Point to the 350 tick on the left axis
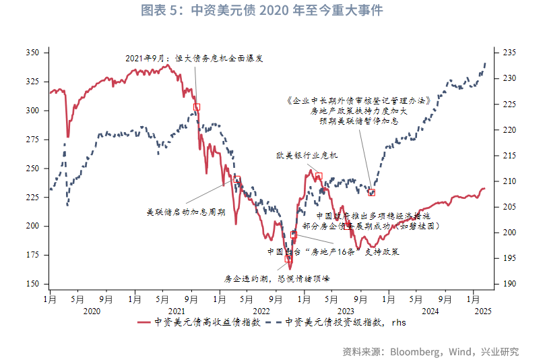click(32, 53)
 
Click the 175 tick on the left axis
click(32, 255)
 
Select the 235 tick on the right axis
click(508, 53)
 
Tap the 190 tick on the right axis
click(508, 284)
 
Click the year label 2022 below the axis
click(261, 311)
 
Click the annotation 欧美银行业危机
click(307, 156)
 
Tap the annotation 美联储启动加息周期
click(185, 211)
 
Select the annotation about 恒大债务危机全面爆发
click(194, 59)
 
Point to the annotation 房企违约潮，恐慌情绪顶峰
click(276, 277)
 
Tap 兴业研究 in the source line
click(499, 351)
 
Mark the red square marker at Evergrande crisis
click(197, 107)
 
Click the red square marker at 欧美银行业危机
click(319, 176)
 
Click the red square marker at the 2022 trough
click(288, 258)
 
